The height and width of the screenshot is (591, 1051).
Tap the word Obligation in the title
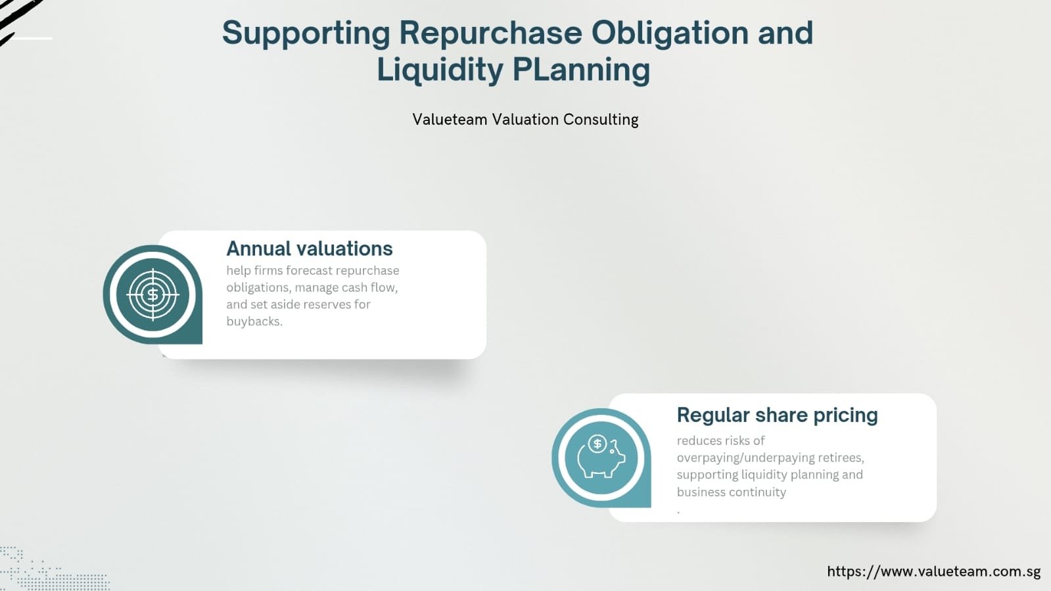pyautogui.click(x=670, y=33)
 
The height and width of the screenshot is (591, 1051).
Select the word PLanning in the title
pyautogui.click(x=581, y=70)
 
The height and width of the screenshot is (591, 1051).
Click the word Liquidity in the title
pyautogui.click(x=440, y=70)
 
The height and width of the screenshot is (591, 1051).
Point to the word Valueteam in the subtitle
pyautogui.click(x=450, y=119)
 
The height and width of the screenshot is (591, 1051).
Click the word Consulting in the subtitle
pyautogui.click(x=601, y=120)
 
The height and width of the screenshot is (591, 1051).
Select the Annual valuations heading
pyautogui.click(x=309, y=248)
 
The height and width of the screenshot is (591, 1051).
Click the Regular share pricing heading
pyautogui.click(x=777, y=415)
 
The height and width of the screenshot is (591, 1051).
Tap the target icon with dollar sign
pyautogui.click(x=153, y=295)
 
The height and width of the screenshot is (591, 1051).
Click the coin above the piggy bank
pyautogui.click(x=597, y=444)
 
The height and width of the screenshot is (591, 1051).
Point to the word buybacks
pyautogui.click(x=254, y=321)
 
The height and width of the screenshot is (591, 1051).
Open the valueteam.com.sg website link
pyautogui.click(x=934, y=571)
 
